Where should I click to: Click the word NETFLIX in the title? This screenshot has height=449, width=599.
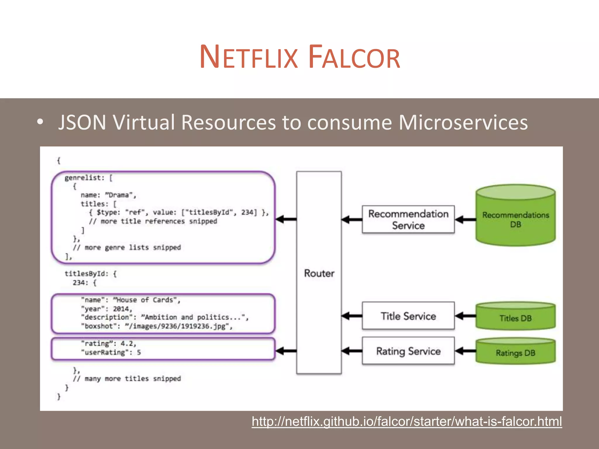coord(249,57)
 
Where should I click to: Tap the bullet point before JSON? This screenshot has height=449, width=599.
coord(40,122)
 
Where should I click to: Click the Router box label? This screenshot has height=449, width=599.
coord(319,273)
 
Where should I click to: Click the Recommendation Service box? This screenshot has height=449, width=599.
coord(408,220)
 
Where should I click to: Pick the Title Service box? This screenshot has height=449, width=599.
coord(408,316)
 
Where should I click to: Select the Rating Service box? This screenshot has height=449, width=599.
coord(408,351)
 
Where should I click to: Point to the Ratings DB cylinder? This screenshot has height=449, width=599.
coord(515,353)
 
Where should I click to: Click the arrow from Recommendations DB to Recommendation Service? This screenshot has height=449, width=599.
coord(465,220)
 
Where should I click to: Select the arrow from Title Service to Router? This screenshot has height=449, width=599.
coord(352,316)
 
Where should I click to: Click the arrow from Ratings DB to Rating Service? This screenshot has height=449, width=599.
coord(465,351)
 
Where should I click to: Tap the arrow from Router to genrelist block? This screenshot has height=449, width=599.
coord(286,219)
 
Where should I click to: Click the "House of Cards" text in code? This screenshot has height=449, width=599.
coord(146,300)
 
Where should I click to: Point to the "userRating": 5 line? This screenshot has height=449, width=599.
coord(111,352)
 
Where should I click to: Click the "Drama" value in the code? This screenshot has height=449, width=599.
coord(119,195)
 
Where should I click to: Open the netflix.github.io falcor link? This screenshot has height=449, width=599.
coord(407,422)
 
